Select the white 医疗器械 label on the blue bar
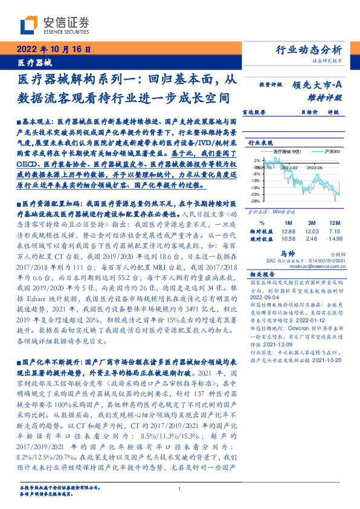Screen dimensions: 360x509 35,62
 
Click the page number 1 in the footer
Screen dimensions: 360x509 180,489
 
